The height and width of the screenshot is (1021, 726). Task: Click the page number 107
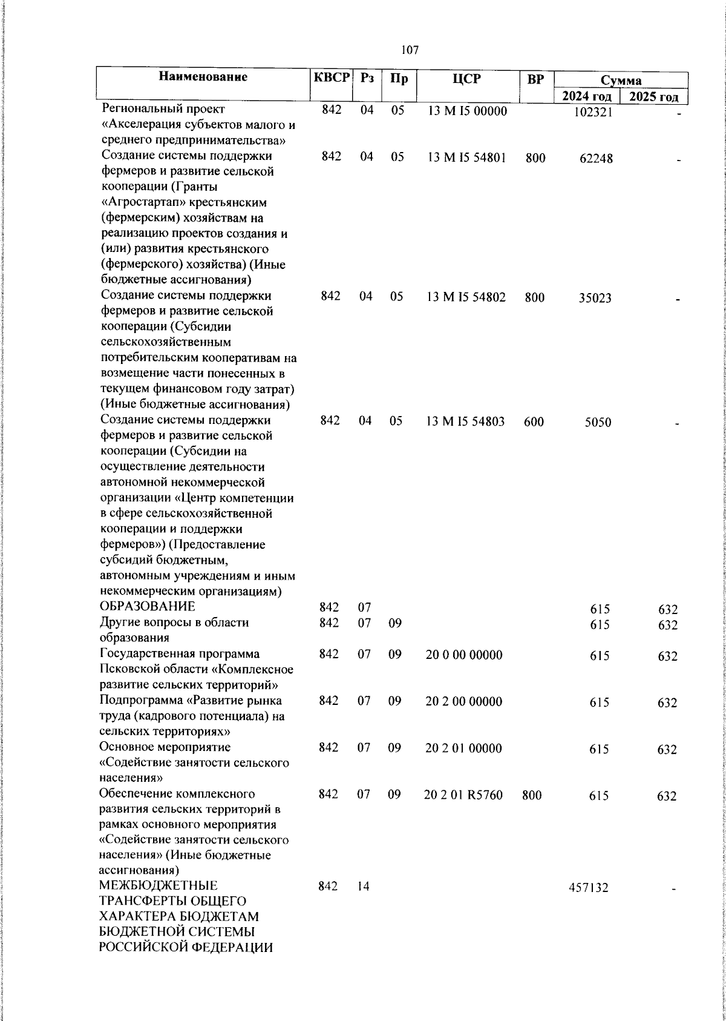(x=410, y=50)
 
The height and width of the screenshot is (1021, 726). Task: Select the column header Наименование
(x=203, y=77)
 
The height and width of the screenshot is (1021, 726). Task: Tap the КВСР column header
(x=331, y=78)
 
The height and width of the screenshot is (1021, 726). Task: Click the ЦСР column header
(x=466, y=78)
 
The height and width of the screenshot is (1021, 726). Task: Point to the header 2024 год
(x=586, y=97)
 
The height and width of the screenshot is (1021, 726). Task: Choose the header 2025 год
(x=653, y=97)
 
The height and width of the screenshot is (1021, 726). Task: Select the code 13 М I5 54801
(x=466, y=157)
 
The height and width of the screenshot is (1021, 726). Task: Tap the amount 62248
(x=595, y=159)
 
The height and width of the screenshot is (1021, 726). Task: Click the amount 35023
(x=595, y=298)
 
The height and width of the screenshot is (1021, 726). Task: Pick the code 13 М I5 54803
(x=466, y=421)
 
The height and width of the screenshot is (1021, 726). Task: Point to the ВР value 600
(x=534, y=422)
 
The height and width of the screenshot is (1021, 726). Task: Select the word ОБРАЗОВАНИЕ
(x=148, y=607)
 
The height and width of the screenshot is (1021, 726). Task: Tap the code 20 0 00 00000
(x=464, y=655)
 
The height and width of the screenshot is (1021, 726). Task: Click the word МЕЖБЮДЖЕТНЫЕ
(x=159, y=887)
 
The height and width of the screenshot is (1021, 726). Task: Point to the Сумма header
(x=621, y=80)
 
